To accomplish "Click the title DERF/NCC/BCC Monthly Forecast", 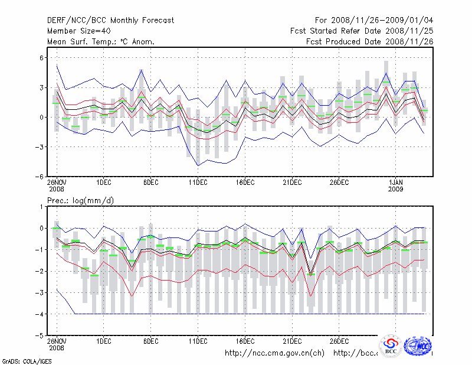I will pos(111,21).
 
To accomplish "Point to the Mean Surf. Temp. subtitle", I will pos(101,42).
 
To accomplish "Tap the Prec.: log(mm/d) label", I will pos(81,201).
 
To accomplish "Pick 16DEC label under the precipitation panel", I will pos(245,341).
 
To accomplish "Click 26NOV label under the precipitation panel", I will pos(57,341).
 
